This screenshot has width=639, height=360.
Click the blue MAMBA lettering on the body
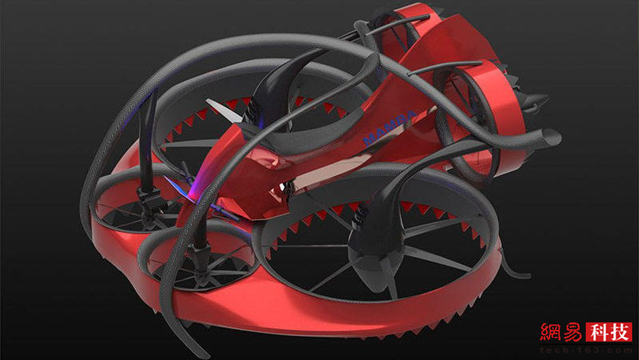coord(390,127)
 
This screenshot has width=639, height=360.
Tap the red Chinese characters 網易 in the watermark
coord(561,332)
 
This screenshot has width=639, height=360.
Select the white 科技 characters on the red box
coord(609,332)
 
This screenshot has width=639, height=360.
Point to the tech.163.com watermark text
coord(586,350)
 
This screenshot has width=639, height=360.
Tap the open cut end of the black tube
coord(550,137)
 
